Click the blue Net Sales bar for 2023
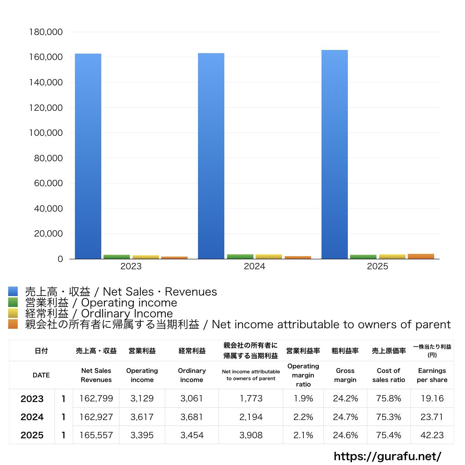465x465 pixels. point(88,156)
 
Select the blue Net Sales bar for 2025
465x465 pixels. point(335,154)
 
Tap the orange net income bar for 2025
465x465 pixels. point(421,256)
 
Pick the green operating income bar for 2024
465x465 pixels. point(240,257)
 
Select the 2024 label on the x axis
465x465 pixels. point(254,267)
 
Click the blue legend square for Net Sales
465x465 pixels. point(13,292)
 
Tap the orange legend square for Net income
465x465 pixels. point(13,324)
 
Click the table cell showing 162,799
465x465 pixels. point(96,399)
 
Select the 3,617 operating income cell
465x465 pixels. point(142,417)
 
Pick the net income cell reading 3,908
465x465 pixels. point(251,435)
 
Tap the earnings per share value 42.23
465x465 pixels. point(432,435)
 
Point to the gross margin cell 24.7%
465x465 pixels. point(345,417)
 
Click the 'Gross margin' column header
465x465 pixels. point(345,375)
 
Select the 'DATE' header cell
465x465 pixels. point(41,375)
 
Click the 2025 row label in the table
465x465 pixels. point(32,435)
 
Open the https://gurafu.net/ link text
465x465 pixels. point(387,456)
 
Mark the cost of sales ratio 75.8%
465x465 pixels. point(388,399)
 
